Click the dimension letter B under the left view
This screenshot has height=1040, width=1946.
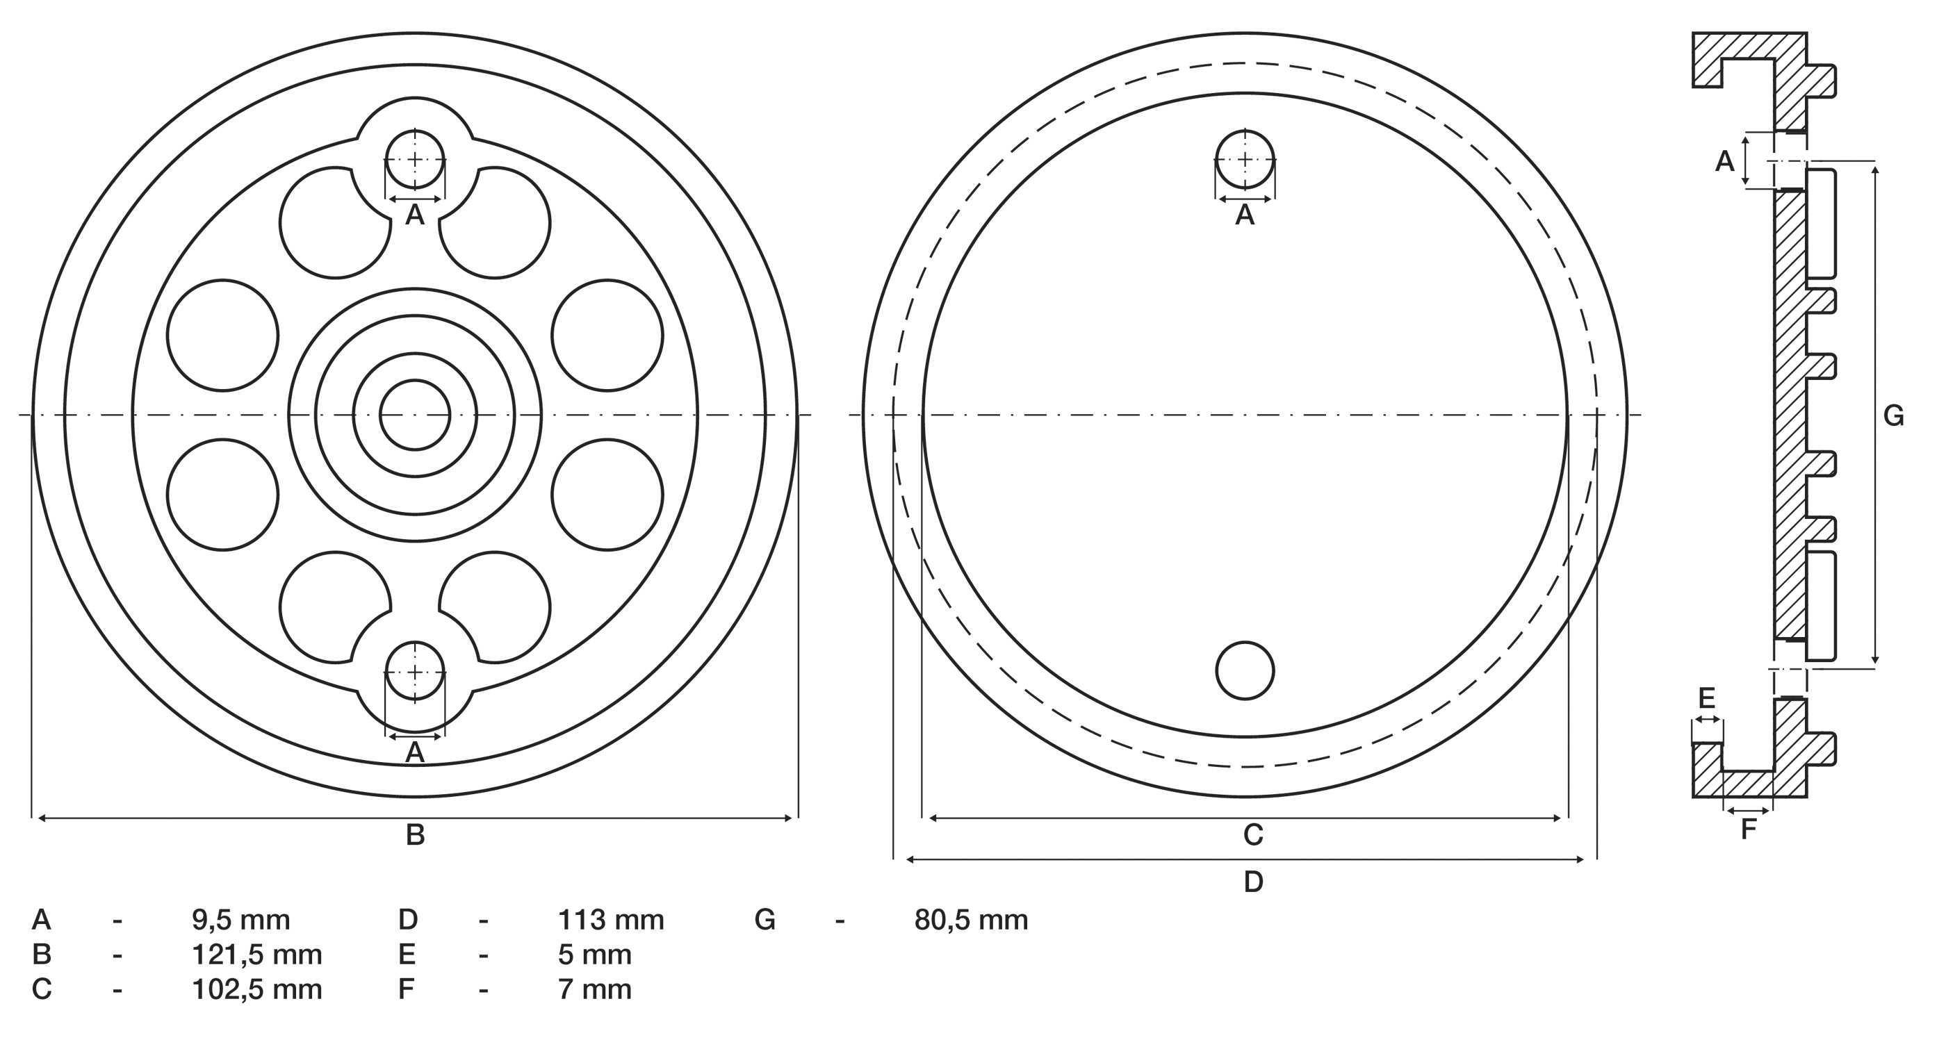click(415, 834)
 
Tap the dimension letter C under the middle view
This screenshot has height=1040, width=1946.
click(1253, 834)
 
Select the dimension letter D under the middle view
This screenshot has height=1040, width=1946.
click(1253, 882)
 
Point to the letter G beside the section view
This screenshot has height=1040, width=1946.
click(1893, 416)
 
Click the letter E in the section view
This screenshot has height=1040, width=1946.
click(1706, 698)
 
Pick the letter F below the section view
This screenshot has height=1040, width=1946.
click(1748, 829)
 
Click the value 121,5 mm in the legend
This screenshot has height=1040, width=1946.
click(257, 955)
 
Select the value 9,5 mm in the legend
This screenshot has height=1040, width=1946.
click(240, 920)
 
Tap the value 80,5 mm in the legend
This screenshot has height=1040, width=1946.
click(971, 920)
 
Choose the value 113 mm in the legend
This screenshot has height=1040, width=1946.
click(610, 920)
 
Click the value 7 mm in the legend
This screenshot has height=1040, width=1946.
click(594, 989)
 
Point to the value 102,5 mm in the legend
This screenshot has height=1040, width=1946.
click(257, 989)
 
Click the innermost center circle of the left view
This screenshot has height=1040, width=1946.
click(415, 415)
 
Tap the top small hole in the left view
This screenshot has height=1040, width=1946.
click(415, 159)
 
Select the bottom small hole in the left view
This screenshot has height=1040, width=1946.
click(415, 670)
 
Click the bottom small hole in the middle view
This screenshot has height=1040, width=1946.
click(1245, 670)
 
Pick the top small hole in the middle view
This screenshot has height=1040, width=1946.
click(1245, 159)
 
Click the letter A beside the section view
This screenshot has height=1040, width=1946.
click(1725, 161)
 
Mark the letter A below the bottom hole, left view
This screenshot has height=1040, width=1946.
click(415, 752)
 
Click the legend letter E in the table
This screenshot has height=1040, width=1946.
click(407, 955)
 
